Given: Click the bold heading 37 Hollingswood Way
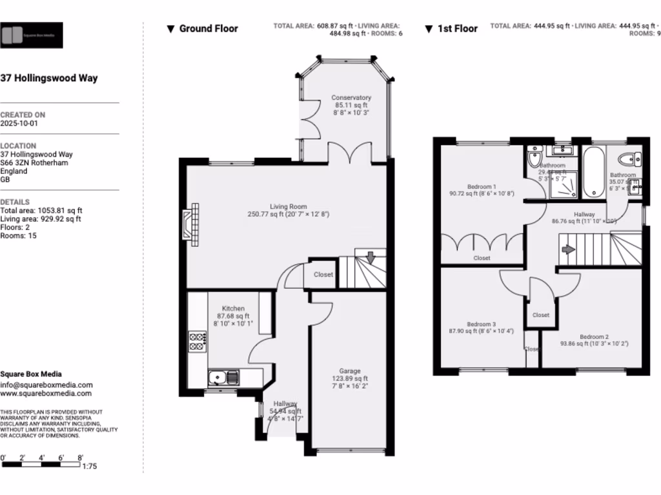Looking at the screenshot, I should coord(49,79).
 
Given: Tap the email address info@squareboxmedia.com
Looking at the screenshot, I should coord(46,385).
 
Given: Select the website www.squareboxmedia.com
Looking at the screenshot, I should coord(46,393).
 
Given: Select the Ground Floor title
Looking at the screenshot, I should coord(202,28).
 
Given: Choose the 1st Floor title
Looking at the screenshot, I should coord(451,28).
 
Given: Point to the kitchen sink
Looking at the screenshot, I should coord(223,377).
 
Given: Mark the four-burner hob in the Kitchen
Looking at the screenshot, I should coord(197,342).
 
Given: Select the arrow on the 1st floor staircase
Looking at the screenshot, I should coord(568,249).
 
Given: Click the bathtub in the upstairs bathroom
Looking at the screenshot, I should coord(594,172).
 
